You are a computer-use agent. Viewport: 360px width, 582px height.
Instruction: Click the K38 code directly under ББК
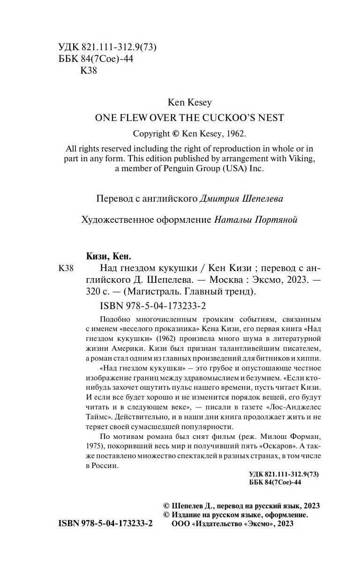(89, 71)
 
